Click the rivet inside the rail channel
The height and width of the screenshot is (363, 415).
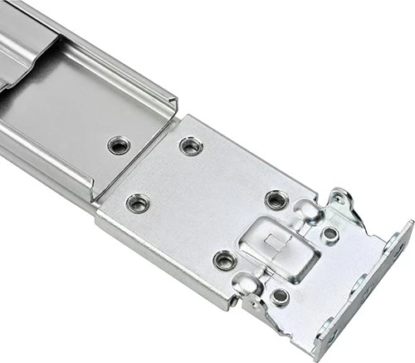point(119,145)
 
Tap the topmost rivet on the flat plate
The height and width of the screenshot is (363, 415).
point(191,147)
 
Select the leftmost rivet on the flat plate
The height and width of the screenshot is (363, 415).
point(137,203)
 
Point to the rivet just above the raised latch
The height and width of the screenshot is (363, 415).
point(276,199)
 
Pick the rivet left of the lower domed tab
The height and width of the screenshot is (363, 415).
point(224,260)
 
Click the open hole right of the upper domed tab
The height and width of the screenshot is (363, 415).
point(330,234)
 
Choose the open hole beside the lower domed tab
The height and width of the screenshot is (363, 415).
point(280,296)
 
